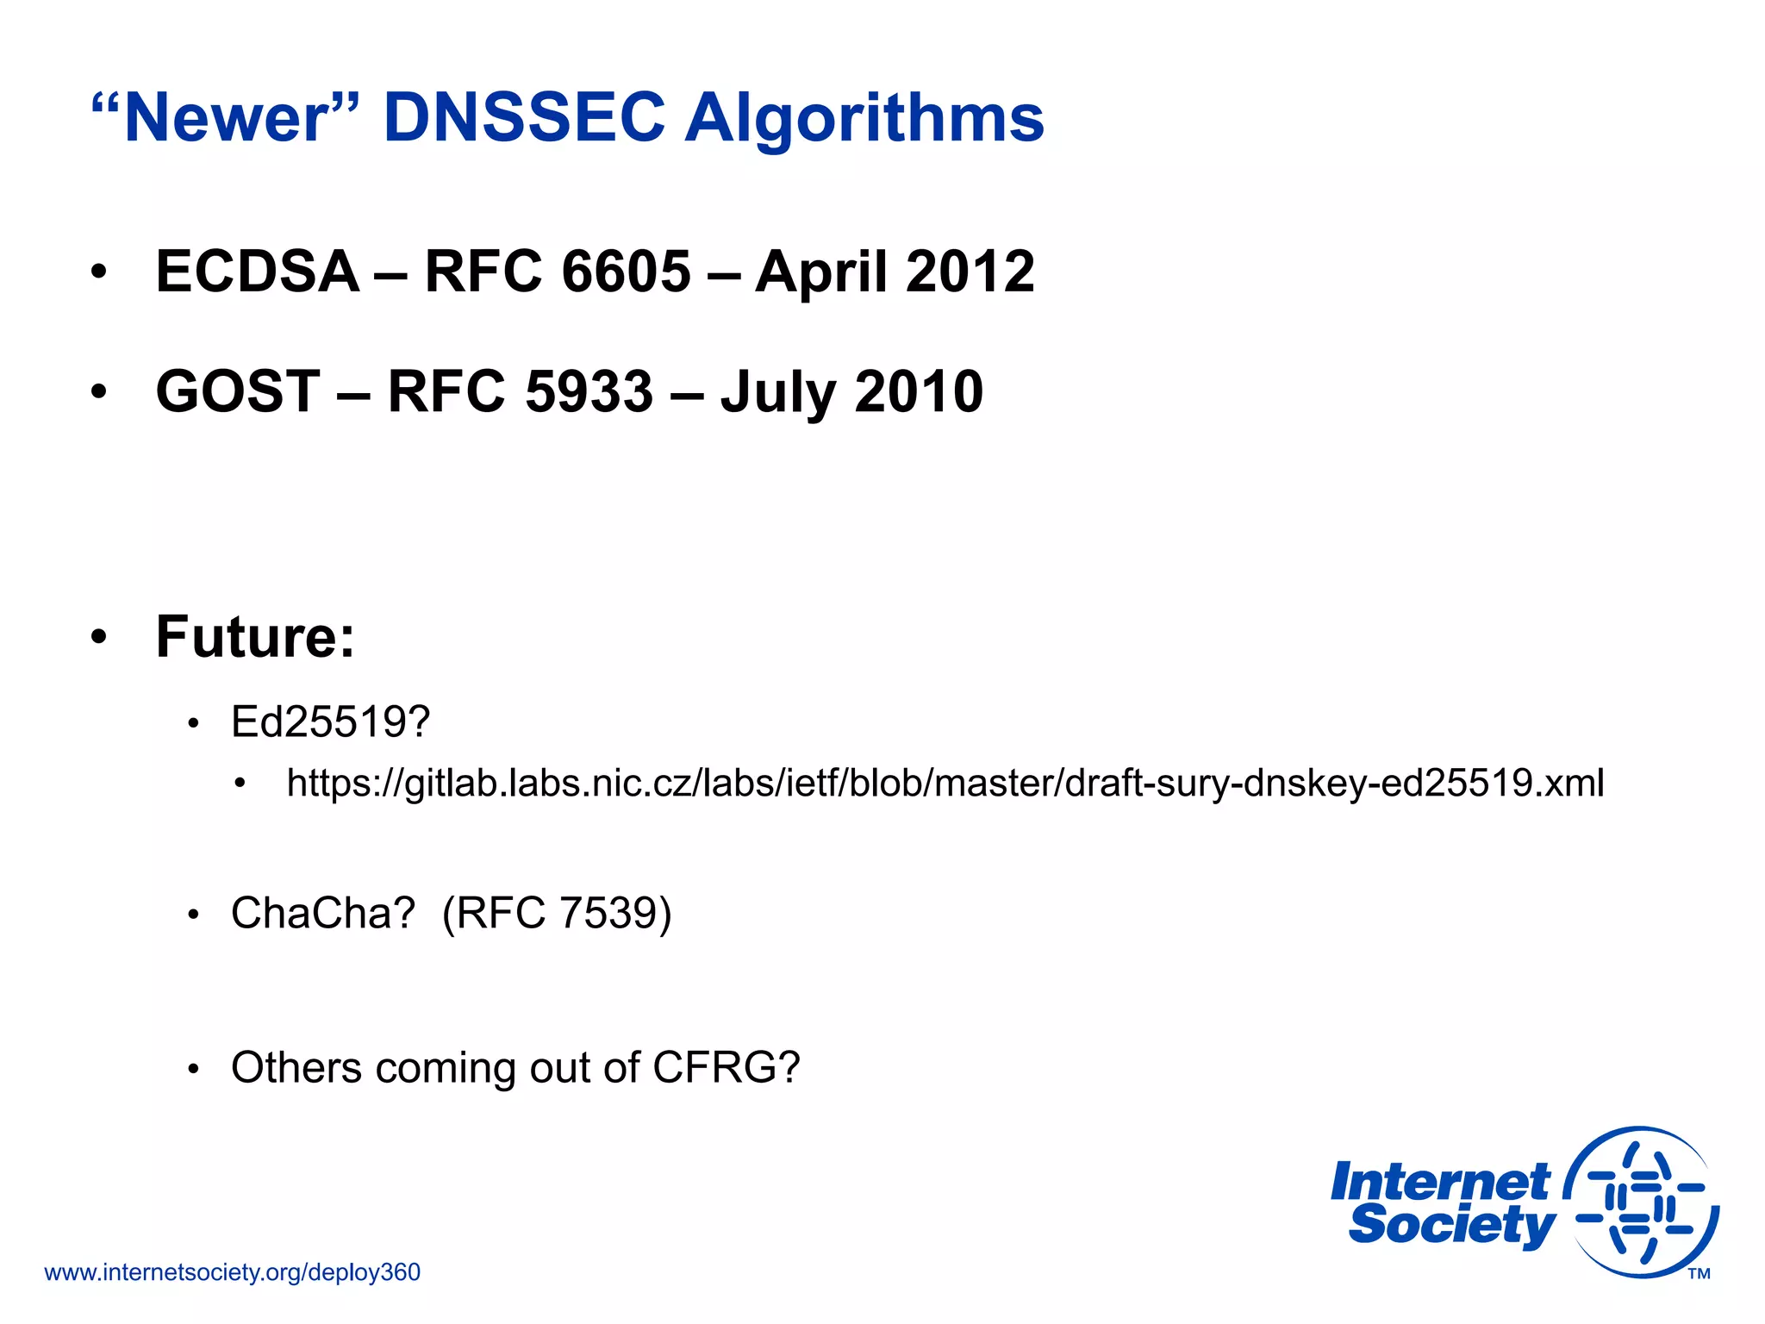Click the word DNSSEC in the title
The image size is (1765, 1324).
coord(523,118)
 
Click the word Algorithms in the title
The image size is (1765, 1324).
coord(864,118)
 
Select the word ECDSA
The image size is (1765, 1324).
coord(257,272)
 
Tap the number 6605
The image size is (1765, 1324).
coord(626,272)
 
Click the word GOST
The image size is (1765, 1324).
coord(238,391)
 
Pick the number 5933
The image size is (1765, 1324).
coord(589,391)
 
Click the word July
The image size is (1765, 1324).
coord(777,393)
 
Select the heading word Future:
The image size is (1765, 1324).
coord(255,637)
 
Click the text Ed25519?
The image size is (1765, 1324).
coord(330,721)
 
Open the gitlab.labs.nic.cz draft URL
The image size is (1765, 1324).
coord(945,784)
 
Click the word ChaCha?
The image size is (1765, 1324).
coord(323,913)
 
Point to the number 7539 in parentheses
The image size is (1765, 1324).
coord(608,913)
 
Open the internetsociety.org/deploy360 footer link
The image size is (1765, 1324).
coord(232,1272)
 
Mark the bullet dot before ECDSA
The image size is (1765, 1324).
coord(99,272)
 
